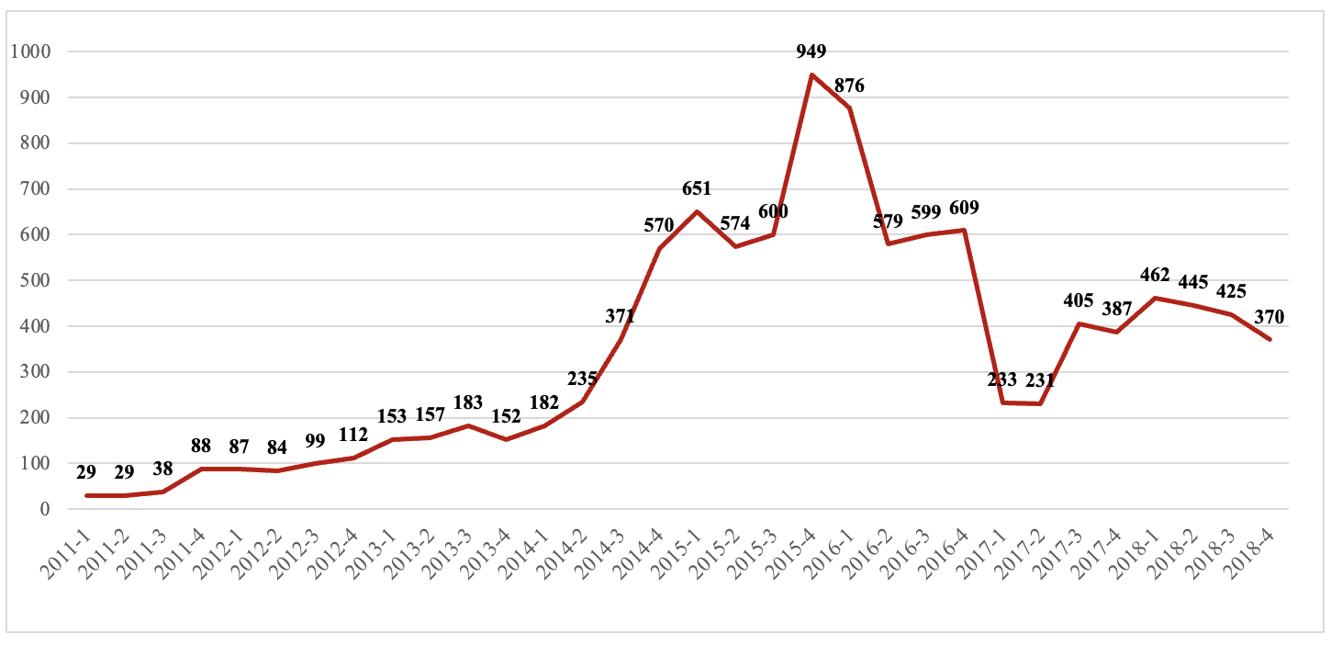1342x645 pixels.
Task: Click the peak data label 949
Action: coord(811,51)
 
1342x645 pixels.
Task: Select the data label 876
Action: coord(849,86)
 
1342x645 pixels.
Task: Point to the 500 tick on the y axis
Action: coord(34,280)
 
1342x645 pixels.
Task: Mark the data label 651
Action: coord(697,189)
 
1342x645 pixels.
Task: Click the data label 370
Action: coord(1269,317)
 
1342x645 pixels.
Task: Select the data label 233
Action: coord(1002,379)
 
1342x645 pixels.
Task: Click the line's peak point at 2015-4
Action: coord(811,74)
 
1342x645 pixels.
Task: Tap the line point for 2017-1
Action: coord(1002,402)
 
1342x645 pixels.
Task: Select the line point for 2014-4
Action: coord(659,248)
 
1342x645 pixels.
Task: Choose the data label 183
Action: coord(468,404)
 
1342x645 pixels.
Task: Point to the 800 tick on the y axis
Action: coord(34,143)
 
